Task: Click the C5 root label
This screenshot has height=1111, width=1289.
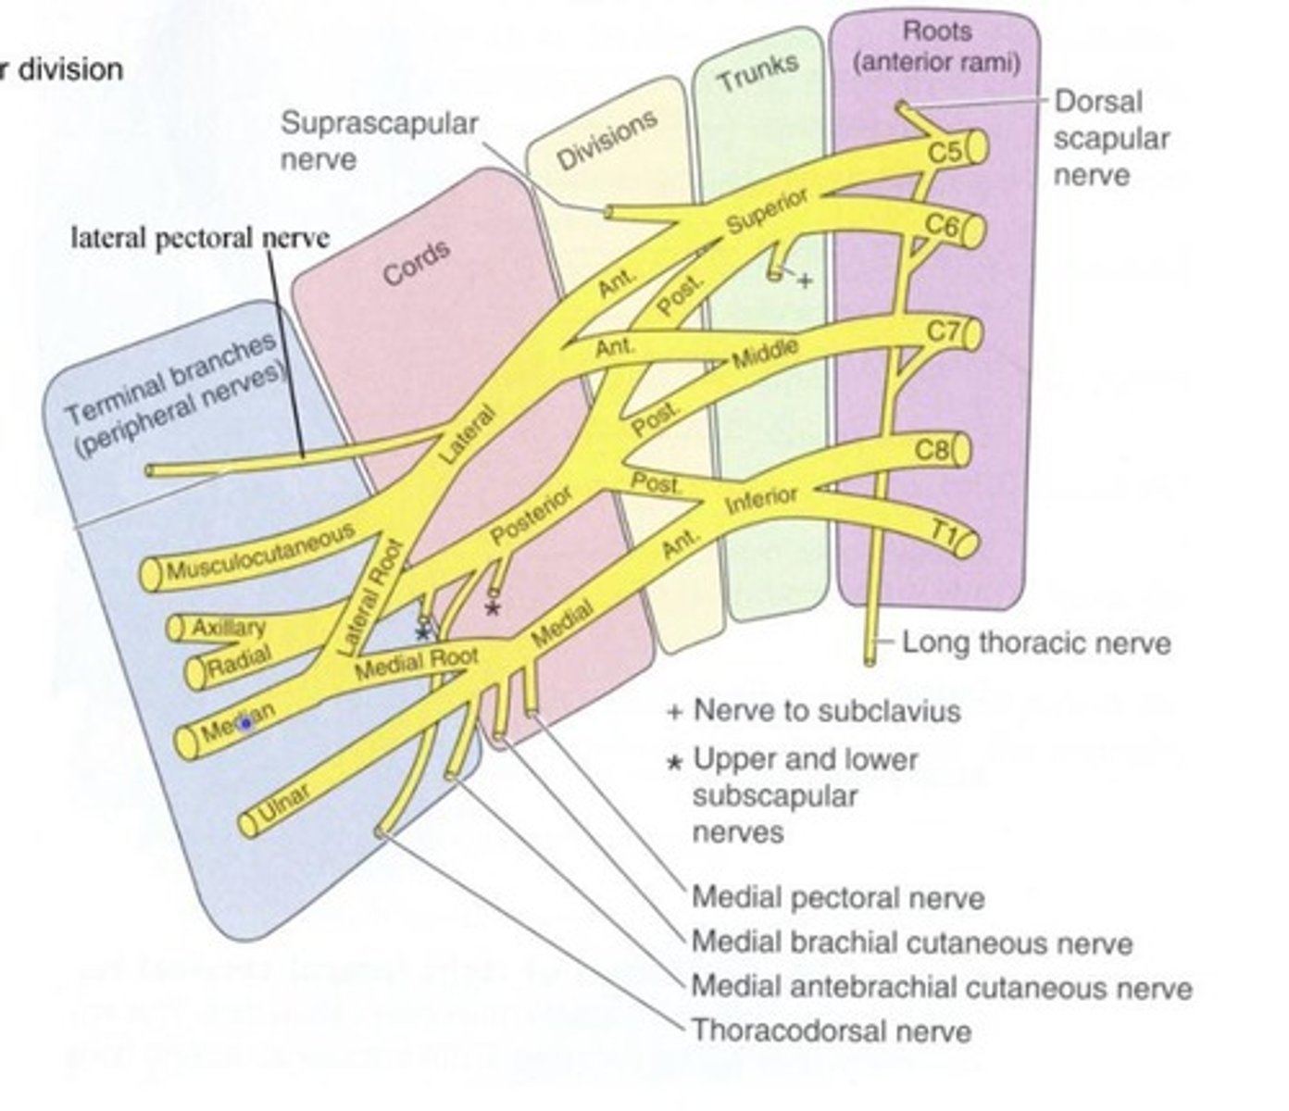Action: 945,151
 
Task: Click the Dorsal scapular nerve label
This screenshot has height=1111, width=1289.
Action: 1110,138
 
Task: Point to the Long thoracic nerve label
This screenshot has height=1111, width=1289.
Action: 1035,643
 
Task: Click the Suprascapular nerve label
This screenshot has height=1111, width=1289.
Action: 379,141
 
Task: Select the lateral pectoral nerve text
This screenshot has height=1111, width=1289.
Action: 200,238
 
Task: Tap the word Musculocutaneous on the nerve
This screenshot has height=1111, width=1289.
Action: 260,553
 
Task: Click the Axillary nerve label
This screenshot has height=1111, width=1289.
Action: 228,628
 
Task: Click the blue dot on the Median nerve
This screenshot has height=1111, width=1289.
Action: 246,725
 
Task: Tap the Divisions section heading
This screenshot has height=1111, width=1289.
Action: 607,140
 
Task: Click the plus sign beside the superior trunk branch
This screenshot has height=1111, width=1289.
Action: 804,281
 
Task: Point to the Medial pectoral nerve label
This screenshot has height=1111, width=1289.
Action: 838,897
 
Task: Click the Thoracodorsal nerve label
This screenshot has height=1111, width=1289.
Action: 832,1030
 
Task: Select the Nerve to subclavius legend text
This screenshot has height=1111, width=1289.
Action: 826,711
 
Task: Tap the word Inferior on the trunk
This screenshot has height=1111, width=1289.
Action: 761,500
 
